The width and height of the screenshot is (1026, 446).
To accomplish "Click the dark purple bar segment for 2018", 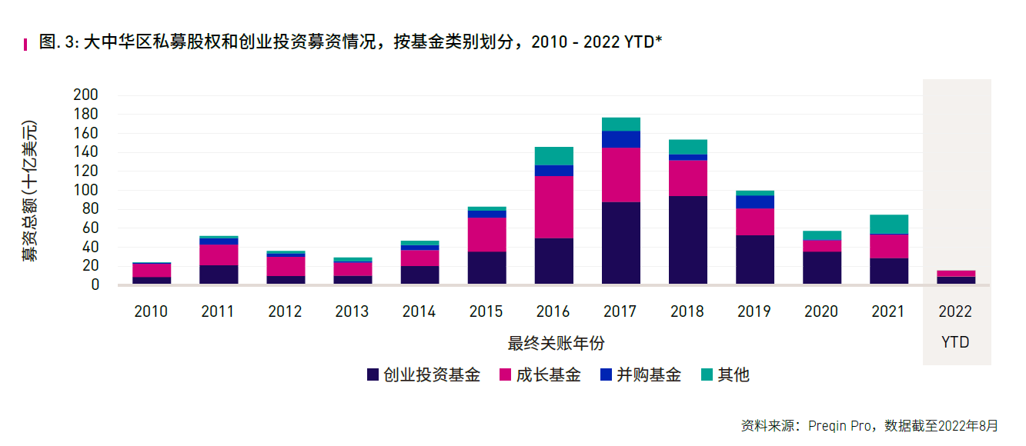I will coord(687,240).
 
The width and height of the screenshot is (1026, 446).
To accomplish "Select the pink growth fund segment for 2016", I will coord(553,207).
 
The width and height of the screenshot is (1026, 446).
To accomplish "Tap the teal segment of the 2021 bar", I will coord(889,224).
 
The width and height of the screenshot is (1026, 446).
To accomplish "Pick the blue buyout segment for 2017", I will coord(620,139).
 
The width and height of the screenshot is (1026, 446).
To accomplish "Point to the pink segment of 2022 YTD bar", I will coord(956,274).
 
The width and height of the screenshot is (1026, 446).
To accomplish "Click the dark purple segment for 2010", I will coord(152,281).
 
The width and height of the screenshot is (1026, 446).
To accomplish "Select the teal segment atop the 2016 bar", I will coord(553,156).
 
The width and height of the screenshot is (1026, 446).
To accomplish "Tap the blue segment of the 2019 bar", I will coord(754,201).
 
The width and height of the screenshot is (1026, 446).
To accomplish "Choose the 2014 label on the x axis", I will coord(419,311).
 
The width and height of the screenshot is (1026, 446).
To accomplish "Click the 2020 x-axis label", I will coord(821,311).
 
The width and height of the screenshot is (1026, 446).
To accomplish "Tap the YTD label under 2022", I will coord(955,342).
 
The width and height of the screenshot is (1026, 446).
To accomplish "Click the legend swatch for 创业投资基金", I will coord(373,375).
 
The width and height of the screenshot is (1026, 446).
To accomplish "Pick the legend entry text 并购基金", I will coord(649,375).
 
